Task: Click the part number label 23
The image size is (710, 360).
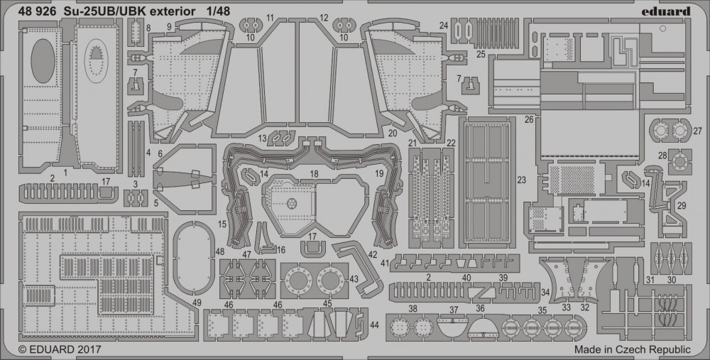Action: coord(522,180)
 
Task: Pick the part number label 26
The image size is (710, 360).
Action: coord(528,119)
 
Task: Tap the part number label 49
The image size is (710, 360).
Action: coord(197,302)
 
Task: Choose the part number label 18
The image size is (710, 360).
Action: coord(314,174)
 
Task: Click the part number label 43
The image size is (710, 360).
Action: coord(353,280)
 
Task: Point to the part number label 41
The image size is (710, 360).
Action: coord(384,263)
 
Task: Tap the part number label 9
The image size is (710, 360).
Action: coord(169,26)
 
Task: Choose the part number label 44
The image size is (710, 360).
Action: coord(374,324)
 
